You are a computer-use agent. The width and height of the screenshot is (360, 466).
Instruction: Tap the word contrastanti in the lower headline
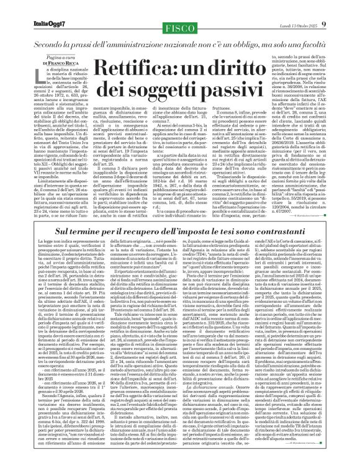click(281, 230)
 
